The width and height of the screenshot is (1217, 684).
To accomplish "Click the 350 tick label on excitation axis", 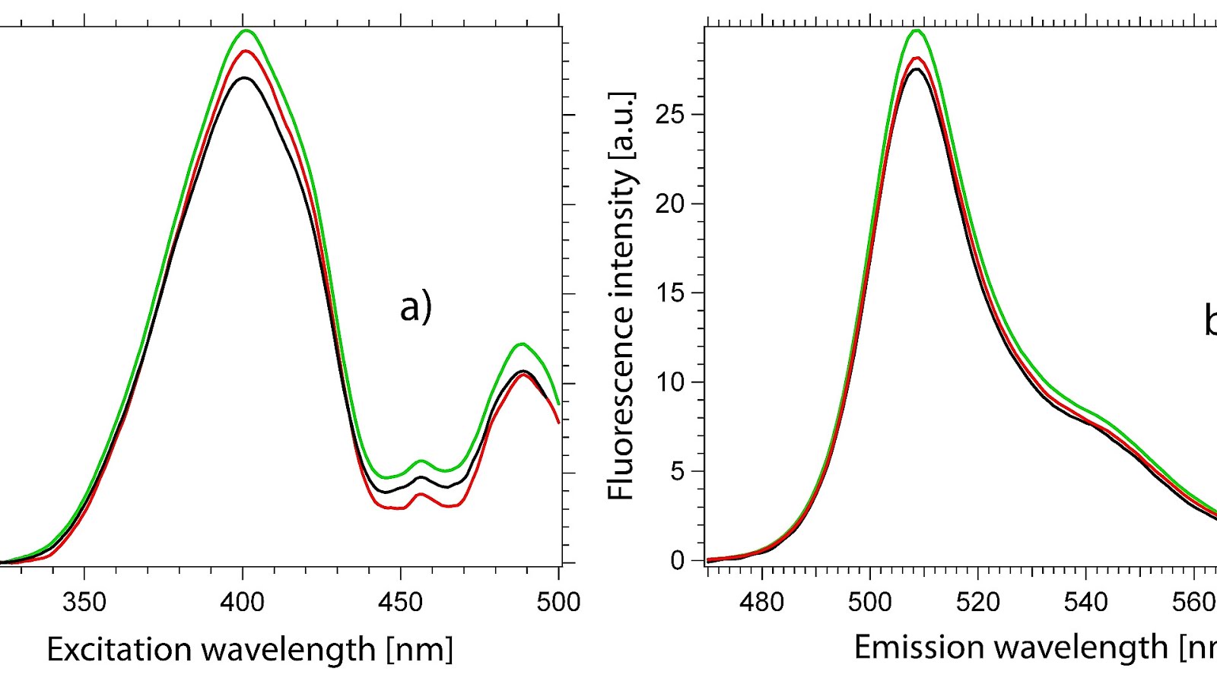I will [84, 603].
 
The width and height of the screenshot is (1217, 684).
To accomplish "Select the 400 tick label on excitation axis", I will [242, 603].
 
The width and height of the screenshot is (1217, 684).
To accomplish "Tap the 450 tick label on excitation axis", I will [400, 603].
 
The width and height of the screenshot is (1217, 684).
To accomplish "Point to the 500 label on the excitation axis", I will [558, 603].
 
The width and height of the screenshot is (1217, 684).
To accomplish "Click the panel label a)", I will [416, 308].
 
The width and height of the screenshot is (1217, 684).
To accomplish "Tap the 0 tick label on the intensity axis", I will [678, 561].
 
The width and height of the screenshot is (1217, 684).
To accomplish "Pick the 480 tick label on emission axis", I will [761, 603].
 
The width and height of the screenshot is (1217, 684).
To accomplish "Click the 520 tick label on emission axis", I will [977, 603].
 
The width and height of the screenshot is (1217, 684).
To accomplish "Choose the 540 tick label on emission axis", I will [1085, 603].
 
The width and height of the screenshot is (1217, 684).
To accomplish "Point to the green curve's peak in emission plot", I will [917, 30].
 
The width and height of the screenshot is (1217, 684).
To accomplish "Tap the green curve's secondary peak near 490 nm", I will [522, 344].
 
